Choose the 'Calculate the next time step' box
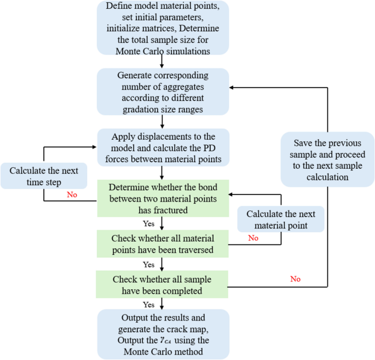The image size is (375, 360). (x=43, y=175)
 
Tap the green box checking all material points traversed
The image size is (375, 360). (x=163, y=245)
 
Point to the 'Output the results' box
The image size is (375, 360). (x=163, y=334)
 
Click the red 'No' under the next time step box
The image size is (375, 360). (x=72, y=195)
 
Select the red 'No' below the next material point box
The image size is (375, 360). (x=253, y=238)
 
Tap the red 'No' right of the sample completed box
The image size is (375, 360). (x=296, y=279)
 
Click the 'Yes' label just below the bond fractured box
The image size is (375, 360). (x=149, y=224)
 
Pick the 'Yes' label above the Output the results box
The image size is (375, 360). (x=149, y=305)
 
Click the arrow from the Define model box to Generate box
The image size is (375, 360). (x=163, y=61)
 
